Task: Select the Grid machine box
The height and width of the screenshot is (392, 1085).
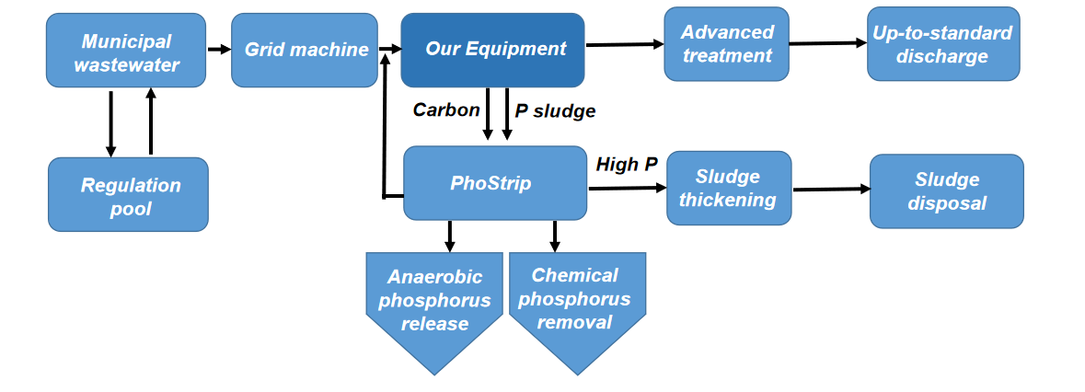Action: coord(305,50)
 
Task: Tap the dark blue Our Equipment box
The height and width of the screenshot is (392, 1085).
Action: coord(492,50)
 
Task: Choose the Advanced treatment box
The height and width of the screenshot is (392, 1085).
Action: coord(727,44)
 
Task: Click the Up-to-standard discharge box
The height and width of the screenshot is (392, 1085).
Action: coord(942,44)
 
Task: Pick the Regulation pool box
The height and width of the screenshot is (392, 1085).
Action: coord(128,194)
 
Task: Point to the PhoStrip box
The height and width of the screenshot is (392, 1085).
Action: coord(495,183)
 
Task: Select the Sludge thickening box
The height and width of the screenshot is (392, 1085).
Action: coord(729,188)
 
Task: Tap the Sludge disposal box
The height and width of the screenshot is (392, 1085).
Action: coord(946,190)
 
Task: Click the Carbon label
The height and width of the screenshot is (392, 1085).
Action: coord(446,110)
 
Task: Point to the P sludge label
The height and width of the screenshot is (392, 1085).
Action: coord(555,111)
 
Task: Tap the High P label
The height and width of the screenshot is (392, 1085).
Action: coord(627,165)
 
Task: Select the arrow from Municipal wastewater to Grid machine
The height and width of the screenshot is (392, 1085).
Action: coord(219,49)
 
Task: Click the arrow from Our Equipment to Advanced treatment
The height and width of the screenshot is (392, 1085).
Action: coord(625,44)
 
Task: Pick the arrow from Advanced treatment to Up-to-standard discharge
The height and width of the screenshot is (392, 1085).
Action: coord(827,43)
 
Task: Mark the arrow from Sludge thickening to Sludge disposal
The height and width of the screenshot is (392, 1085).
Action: coord(830,190)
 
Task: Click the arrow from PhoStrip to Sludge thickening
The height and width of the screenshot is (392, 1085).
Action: coord(627,188)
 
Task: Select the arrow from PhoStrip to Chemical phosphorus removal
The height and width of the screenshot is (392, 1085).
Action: coord(554,236)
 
